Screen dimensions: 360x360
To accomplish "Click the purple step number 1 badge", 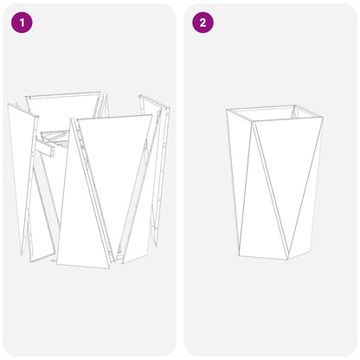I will click(20, 22).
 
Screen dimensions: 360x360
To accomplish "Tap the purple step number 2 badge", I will click(203, 22).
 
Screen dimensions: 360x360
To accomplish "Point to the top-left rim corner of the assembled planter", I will click(227, 110).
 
